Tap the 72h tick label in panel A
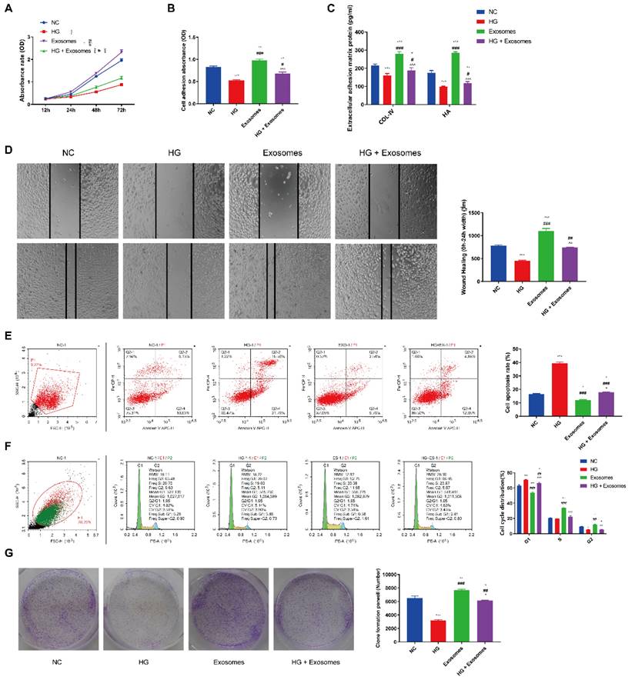point(120,108)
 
